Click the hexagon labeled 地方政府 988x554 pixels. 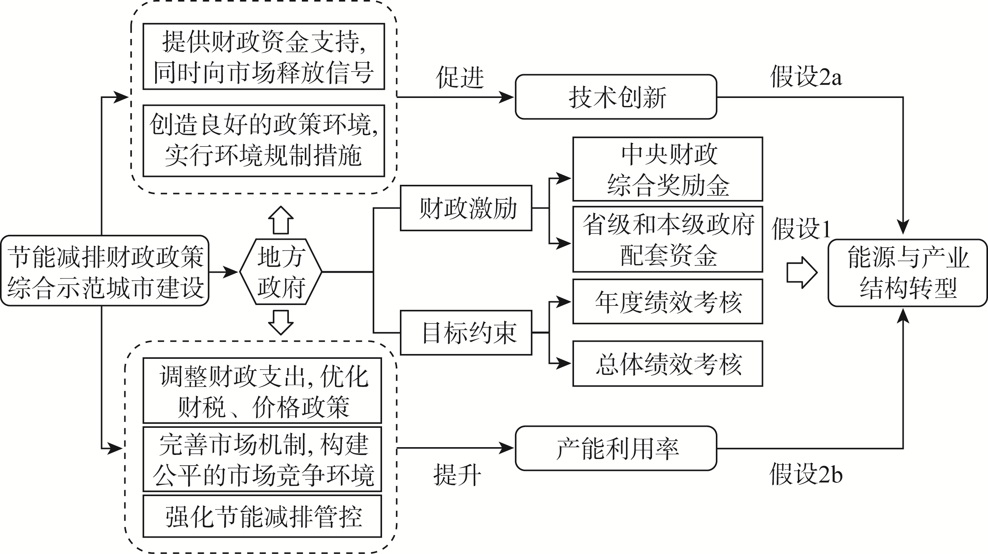coord(281,272)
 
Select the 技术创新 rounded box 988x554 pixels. coord(616,97)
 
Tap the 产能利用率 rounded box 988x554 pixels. coord(616,448)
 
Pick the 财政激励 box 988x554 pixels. coord(466,208)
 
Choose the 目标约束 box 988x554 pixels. coord(466,333)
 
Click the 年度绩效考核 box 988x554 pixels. coord(668,302)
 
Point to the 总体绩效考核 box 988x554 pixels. coord(668,363)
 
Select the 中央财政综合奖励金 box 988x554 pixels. coord(668,169)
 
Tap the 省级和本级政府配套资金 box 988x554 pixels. coord(668,239)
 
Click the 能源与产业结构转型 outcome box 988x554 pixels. coord(907,273)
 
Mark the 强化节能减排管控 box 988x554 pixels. coord(263,517)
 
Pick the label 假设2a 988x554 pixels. coord(806,77)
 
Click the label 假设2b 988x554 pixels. coord(806,475)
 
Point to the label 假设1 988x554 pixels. coord(801,229)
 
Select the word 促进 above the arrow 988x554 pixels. coord(460,78)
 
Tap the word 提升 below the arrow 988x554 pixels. coord(457,475)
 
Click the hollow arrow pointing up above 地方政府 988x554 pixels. coord(281,220)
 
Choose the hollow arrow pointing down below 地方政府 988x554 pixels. coord(281,322)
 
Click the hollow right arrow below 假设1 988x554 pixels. coord(802,273)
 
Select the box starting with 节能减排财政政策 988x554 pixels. coord(105,271)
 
